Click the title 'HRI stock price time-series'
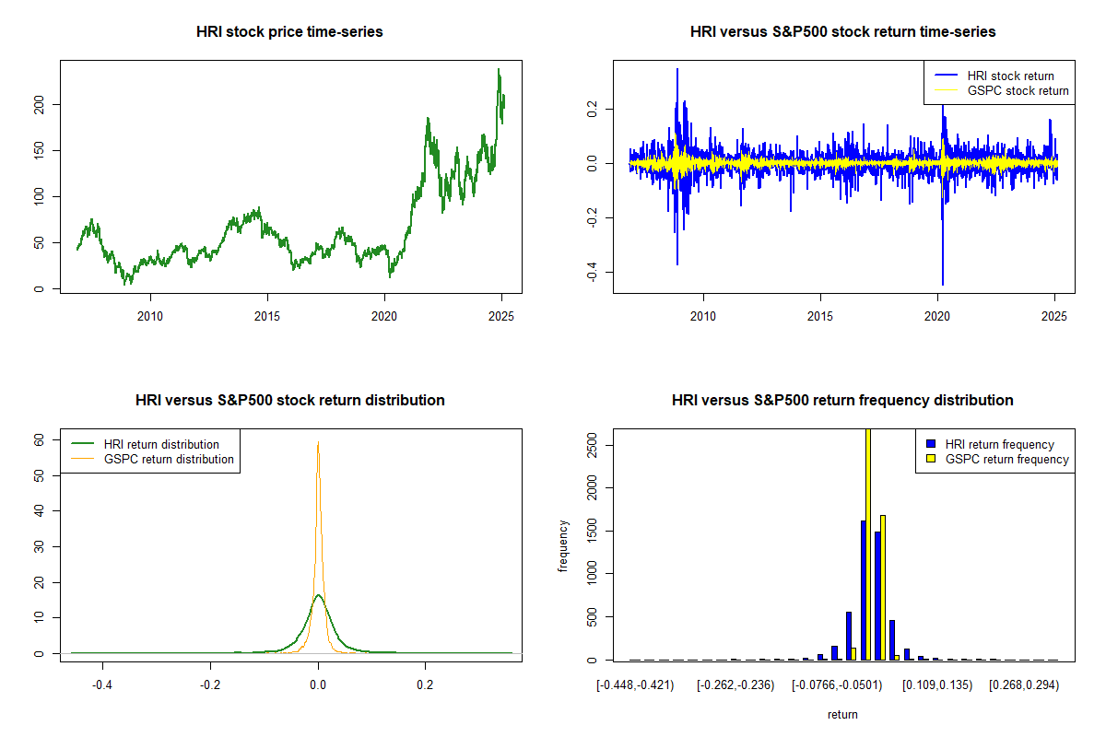point(289,31)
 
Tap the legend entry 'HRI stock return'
point(1010,76)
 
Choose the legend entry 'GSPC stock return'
point(1018,90)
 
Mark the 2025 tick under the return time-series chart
point(1054,317)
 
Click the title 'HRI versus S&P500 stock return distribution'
point(289,400)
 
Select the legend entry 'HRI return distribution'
point(161,444)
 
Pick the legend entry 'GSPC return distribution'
point(169,459)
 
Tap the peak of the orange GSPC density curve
point(318,443)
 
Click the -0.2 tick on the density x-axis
point(210,685)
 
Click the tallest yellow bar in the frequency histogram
point(868,544)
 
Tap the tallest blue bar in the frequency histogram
point(863,590)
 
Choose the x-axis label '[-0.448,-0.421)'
point(635,685)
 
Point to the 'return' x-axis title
point(842,714)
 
